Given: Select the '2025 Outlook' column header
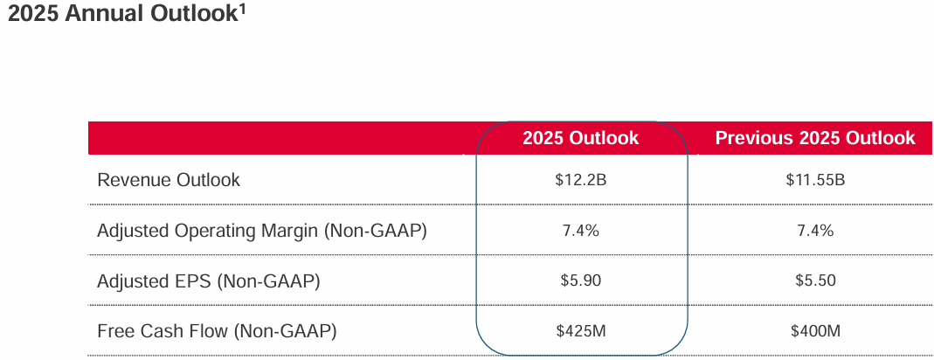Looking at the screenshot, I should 581,138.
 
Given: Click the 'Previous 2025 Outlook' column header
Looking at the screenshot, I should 814,138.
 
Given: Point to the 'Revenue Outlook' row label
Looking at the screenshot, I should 169,180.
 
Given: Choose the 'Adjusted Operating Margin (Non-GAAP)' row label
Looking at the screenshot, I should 262,231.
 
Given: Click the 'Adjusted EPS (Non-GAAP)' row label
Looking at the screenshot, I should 209,280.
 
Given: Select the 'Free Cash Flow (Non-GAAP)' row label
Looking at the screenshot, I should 217,331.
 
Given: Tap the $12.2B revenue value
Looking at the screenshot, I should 581,181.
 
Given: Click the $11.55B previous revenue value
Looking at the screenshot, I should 815,181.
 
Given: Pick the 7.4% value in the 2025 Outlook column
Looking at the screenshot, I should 581,231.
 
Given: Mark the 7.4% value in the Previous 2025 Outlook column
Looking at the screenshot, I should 815,231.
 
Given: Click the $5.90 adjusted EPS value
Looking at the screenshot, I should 581,281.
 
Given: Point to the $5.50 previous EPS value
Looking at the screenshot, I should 815,281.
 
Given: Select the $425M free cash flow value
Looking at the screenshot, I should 581,331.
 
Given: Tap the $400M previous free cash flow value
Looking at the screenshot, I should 815,331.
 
